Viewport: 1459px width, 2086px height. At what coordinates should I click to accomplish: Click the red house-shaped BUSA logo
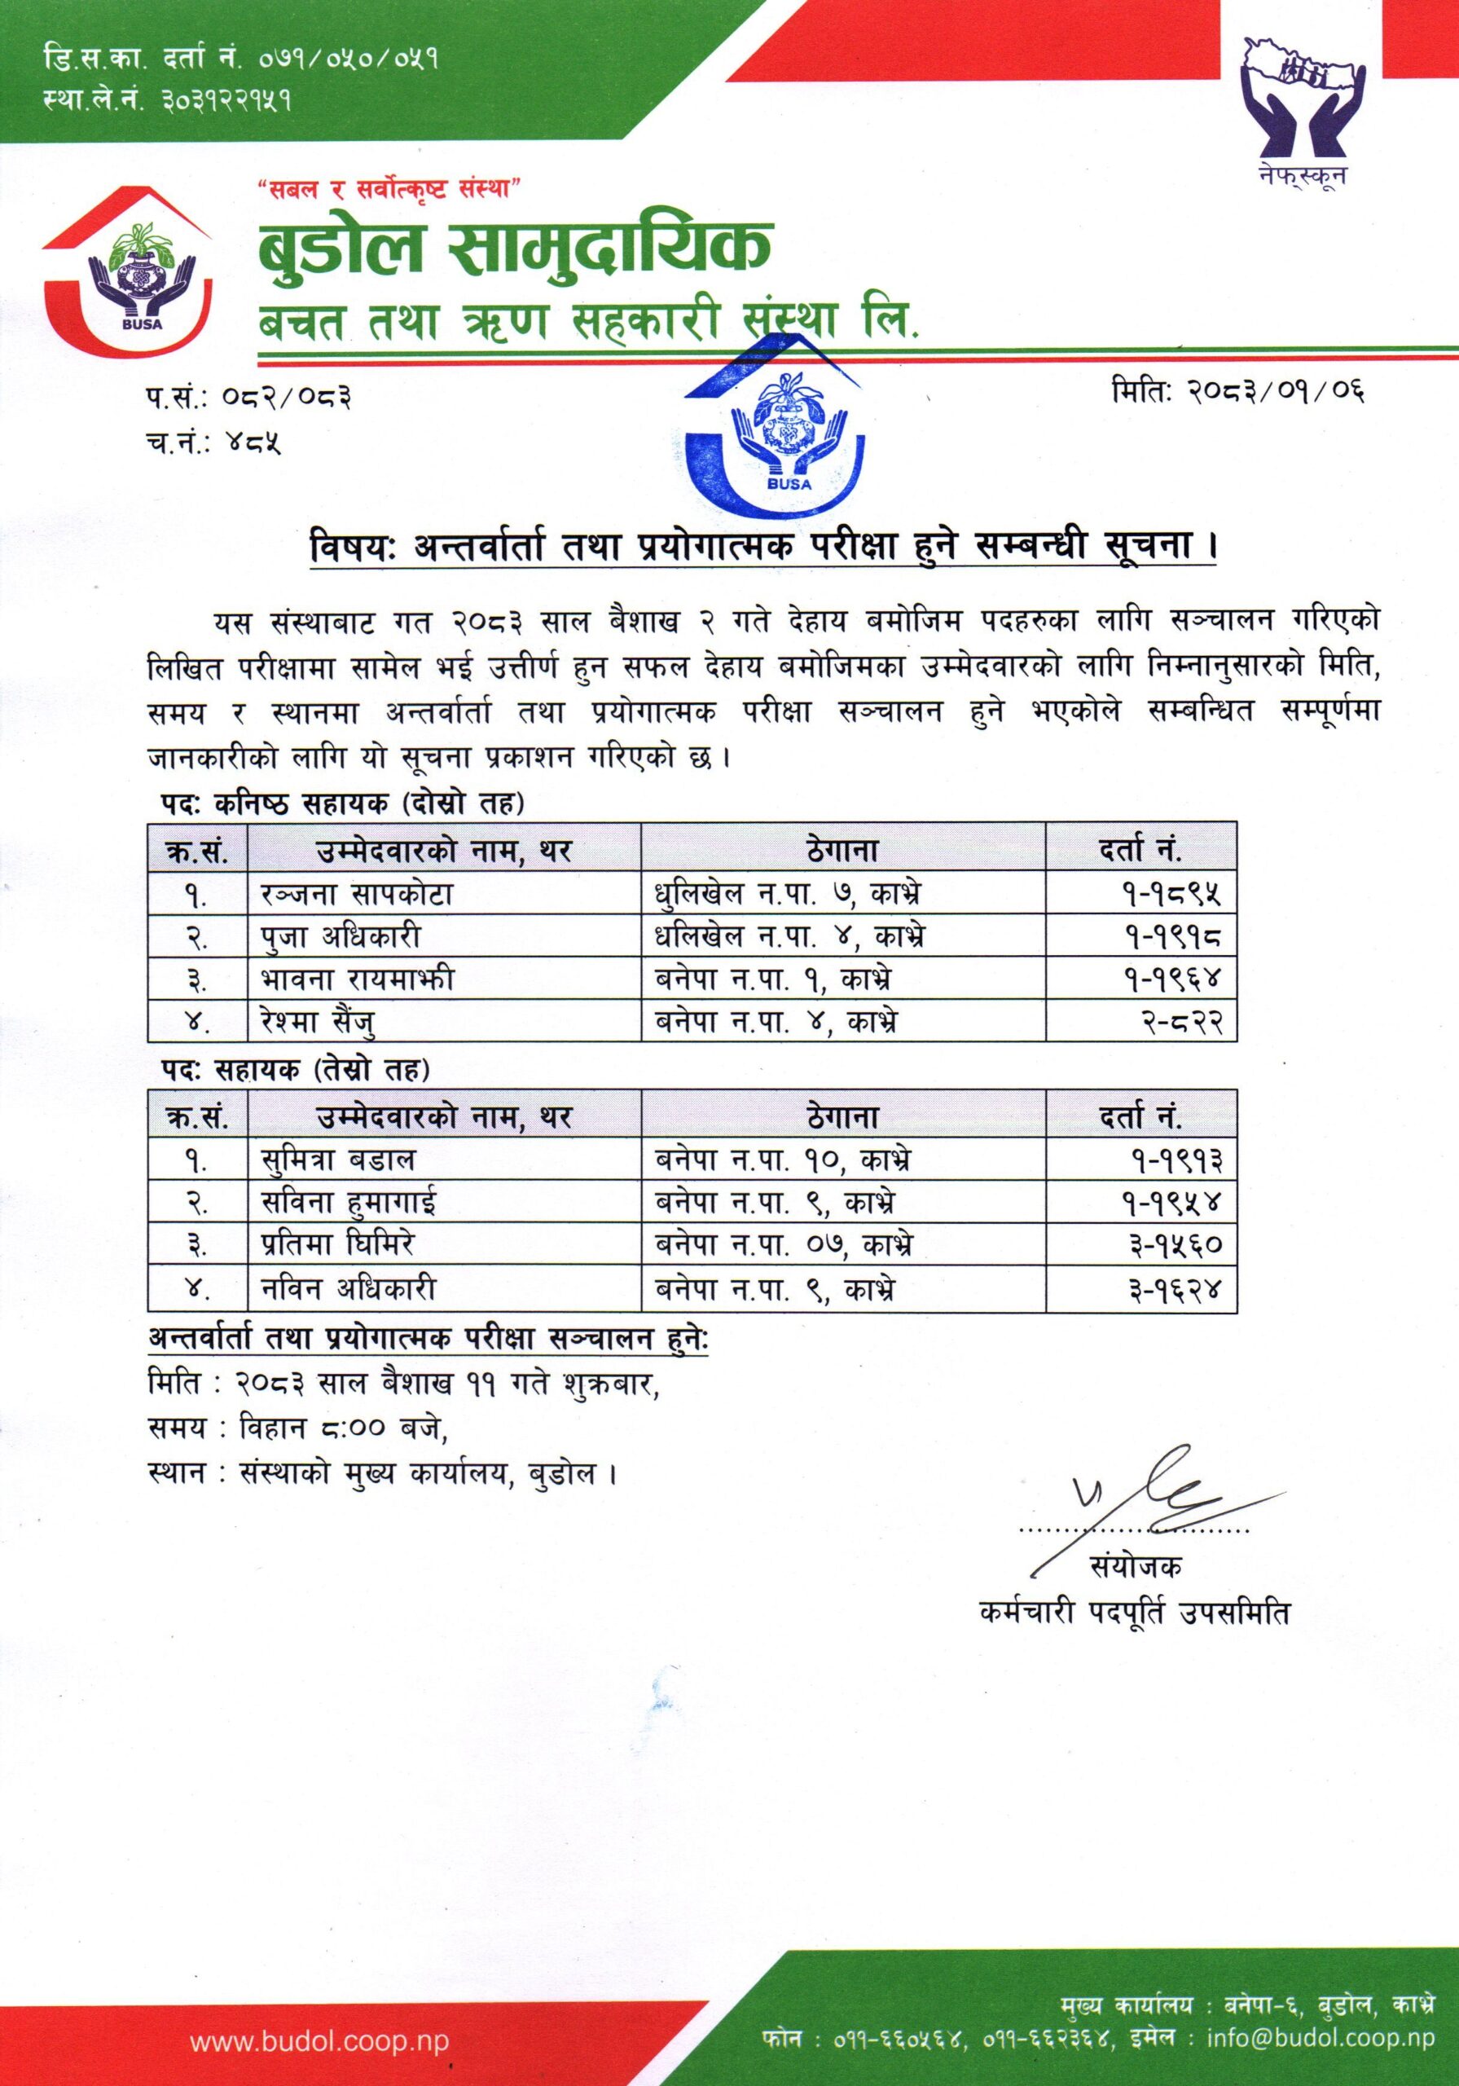(128, 272)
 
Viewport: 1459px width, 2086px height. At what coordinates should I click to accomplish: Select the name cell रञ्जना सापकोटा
(350, 895)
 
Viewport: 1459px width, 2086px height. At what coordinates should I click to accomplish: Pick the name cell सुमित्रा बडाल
(338, 1160)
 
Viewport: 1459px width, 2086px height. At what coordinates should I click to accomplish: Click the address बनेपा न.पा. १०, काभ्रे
(783, 1160)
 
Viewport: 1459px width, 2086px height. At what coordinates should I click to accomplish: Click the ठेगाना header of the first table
(842, 850)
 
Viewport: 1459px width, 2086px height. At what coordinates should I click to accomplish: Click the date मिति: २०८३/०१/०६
(1239, 392)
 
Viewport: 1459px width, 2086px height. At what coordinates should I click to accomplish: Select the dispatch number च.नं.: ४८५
(213, 445)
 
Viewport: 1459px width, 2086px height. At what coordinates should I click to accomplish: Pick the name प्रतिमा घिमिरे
(337, 1246)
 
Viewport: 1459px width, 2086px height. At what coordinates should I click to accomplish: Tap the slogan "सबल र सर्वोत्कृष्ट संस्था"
(388, 189)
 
